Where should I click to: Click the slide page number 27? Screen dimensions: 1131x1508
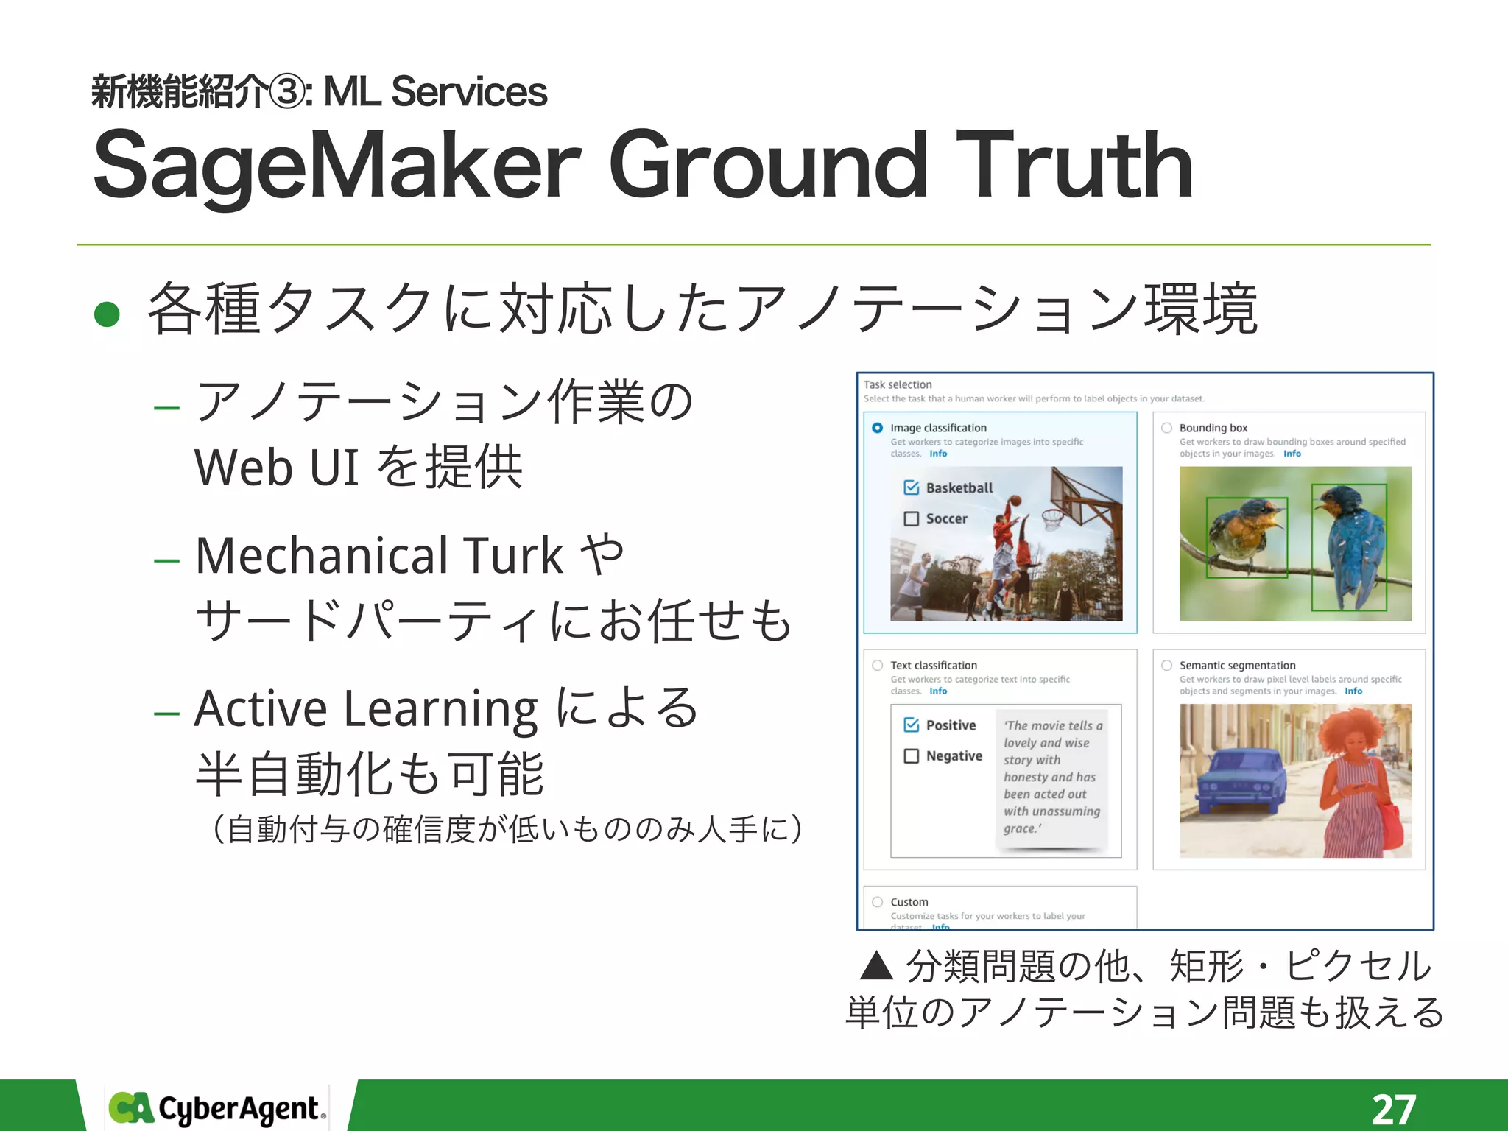1393,1108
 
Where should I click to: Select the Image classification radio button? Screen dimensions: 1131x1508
877,428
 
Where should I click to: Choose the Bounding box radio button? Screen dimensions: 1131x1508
1166,428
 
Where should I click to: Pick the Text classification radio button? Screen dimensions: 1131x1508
877,665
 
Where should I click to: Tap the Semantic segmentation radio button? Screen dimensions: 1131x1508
1166,665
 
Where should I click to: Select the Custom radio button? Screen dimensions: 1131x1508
877,902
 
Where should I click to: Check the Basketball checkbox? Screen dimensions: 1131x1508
912,487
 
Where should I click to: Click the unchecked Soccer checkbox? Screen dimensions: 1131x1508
912,518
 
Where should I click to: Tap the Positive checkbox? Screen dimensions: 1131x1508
912,725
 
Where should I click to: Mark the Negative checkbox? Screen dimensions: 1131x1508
912,756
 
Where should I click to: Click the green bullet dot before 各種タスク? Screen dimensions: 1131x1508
108,314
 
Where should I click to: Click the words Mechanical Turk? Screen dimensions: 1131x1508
379,555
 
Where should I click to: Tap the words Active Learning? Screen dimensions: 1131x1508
366,708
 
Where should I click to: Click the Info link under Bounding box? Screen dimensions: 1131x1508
1292,454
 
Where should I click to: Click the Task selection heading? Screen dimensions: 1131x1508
898,384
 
